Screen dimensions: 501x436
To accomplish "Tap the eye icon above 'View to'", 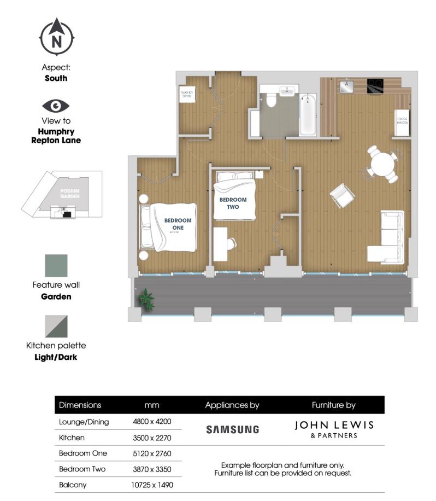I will point(56,105).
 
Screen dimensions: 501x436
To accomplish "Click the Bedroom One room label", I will point(178,224).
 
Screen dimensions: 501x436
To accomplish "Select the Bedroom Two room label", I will point(233,203).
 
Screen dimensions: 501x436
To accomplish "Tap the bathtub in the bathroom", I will point(308,114).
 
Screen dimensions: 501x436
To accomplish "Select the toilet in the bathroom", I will point(272,101).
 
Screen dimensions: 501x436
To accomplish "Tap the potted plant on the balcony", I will point(146,299).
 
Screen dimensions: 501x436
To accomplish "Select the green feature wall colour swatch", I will point(56,266).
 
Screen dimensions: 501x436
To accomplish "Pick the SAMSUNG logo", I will point(232,429).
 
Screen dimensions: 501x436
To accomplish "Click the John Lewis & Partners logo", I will point(333,429).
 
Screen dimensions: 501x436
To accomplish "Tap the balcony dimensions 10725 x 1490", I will point(151,485).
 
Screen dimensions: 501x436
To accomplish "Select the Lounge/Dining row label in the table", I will point(84,422).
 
